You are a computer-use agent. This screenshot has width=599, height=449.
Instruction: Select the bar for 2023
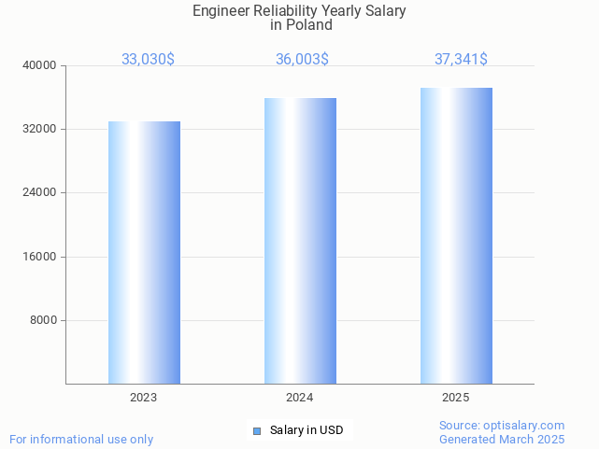[x=144, y=252]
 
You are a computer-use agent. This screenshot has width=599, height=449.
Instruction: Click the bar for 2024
[x=300, y=241]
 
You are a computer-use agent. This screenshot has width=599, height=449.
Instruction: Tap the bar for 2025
[x=456, y=235]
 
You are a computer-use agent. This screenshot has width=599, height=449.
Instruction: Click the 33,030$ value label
[x=148, y=59]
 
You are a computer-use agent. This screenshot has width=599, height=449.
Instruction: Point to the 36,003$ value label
[x=302, y=59]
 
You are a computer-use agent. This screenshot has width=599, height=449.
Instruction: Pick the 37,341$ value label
[x=461, y=59]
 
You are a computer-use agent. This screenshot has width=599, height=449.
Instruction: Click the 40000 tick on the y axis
[x=39, y=65]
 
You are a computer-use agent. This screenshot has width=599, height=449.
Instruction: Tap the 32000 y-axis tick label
[x=39, y=129]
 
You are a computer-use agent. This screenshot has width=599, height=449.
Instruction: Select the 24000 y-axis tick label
[x=39, y=193]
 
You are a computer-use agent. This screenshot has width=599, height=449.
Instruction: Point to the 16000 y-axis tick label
[x=39, y=257]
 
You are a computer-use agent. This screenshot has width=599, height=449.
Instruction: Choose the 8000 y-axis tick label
[x=43, y=320]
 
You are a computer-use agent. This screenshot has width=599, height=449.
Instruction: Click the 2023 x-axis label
[x=144, y=398]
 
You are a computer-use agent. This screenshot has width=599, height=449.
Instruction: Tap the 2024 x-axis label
[x=300, y=398]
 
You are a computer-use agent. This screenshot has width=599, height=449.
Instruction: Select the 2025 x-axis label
[x=456, y=398]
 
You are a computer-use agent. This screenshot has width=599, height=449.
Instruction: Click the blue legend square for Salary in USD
[x=257, y=430]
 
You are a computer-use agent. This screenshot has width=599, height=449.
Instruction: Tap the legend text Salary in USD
[x=307, y=430]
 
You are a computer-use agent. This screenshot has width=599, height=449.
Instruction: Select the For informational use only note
[x=81, y=439]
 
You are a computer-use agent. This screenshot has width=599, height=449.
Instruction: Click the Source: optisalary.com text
[x=502, y=425]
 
